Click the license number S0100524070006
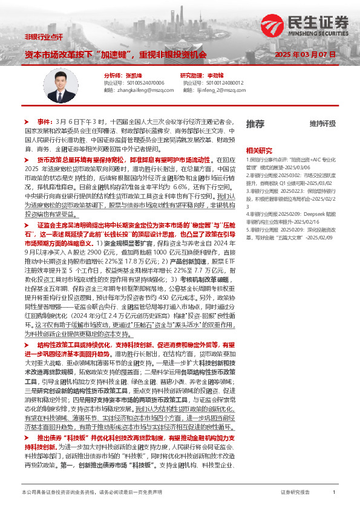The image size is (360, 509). pyautogui.click(x=129, y=82)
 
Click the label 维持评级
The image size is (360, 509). pyautogui.click(x=322, y=124)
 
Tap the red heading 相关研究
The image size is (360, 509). pyautogui.click(x=259, y=150)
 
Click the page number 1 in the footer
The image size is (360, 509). pyautogui.click(x=334, y=493)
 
